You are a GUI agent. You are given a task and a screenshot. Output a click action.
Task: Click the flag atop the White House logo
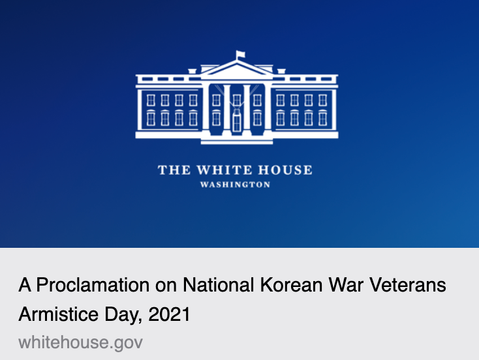pos(240,55)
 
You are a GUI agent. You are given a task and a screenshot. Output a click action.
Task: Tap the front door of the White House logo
pos(237,123)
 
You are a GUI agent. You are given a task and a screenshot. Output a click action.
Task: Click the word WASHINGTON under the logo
pos(235,185)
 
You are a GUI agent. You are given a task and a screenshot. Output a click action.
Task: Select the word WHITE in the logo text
pos(224,170)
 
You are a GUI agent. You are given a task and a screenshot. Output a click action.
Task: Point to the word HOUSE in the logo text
pos(285,170)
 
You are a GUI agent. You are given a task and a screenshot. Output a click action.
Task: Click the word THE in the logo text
pos(174,170)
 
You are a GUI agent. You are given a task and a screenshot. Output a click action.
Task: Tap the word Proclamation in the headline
pos(93,285)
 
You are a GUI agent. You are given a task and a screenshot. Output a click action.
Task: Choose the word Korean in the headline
pos(292,285)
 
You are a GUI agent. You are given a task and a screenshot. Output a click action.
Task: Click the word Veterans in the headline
pos(408,285)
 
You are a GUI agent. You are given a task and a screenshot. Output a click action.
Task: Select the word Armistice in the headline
pos(58,314)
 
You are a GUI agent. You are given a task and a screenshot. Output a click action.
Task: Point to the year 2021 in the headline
pos(170,314)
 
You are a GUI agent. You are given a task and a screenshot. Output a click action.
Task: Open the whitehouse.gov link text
pos(81,342)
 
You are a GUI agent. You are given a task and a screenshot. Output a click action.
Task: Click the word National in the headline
pos(218,285)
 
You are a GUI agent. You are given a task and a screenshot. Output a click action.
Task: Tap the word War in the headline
pos(346,285)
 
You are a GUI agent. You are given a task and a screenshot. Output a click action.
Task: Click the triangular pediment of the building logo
pos(237,70)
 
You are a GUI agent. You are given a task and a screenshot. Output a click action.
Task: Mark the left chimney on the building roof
pos(192,72)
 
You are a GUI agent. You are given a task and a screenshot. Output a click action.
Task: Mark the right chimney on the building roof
pos(281,72)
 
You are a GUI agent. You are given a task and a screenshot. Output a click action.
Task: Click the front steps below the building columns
pos(237,141)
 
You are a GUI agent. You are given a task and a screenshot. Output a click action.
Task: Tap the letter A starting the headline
pos(25,285)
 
